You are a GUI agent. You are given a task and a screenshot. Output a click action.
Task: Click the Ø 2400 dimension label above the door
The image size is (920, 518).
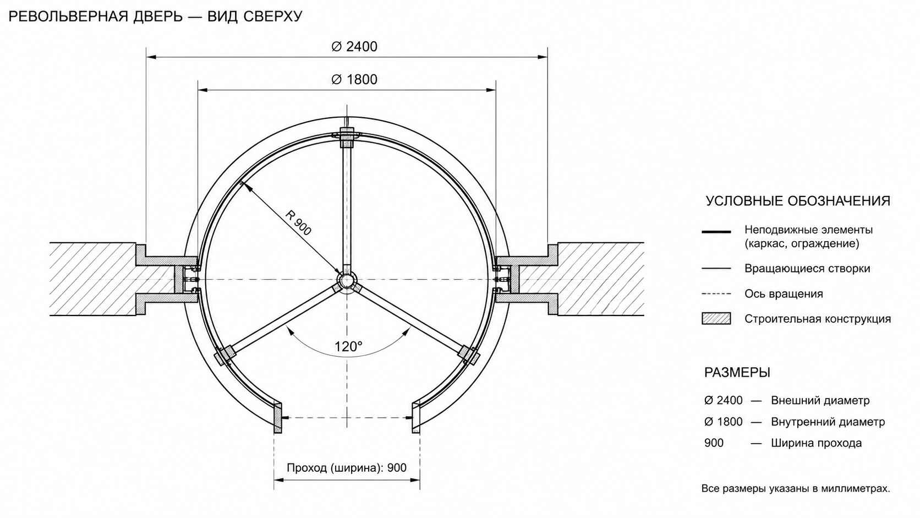tap(354, 46)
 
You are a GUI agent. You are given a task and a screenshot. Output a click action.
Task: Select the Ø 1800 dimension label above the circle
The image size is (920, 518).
tap(354, 79)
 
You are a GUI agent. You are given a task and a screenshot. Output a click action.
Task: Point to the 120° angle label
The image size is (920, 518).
tap(348, 347)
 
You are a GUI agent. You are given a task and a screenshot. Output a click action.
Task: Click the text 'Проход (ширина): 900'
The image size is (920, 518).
tap(347, 467)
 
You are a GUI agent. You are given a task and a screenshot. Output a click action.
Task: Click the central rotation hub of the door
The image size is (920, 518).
tap(347, 281)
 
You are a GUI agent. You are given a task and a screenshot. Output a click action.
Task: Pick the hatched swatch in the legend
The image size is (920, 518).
tap(716, 318)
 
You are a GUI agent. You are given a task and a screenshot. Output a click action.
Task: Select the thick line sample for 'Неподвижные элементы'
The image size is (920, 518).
tap(716, 232)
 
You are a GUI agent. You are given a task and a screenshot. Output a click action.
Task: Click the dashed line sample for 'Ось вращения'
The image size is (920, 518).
tap(716, 294)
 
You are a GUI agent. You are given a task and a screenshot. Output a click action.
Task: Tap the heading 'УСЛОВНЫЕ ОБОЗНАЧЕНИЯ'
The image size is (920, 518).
tap(798, 201)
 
